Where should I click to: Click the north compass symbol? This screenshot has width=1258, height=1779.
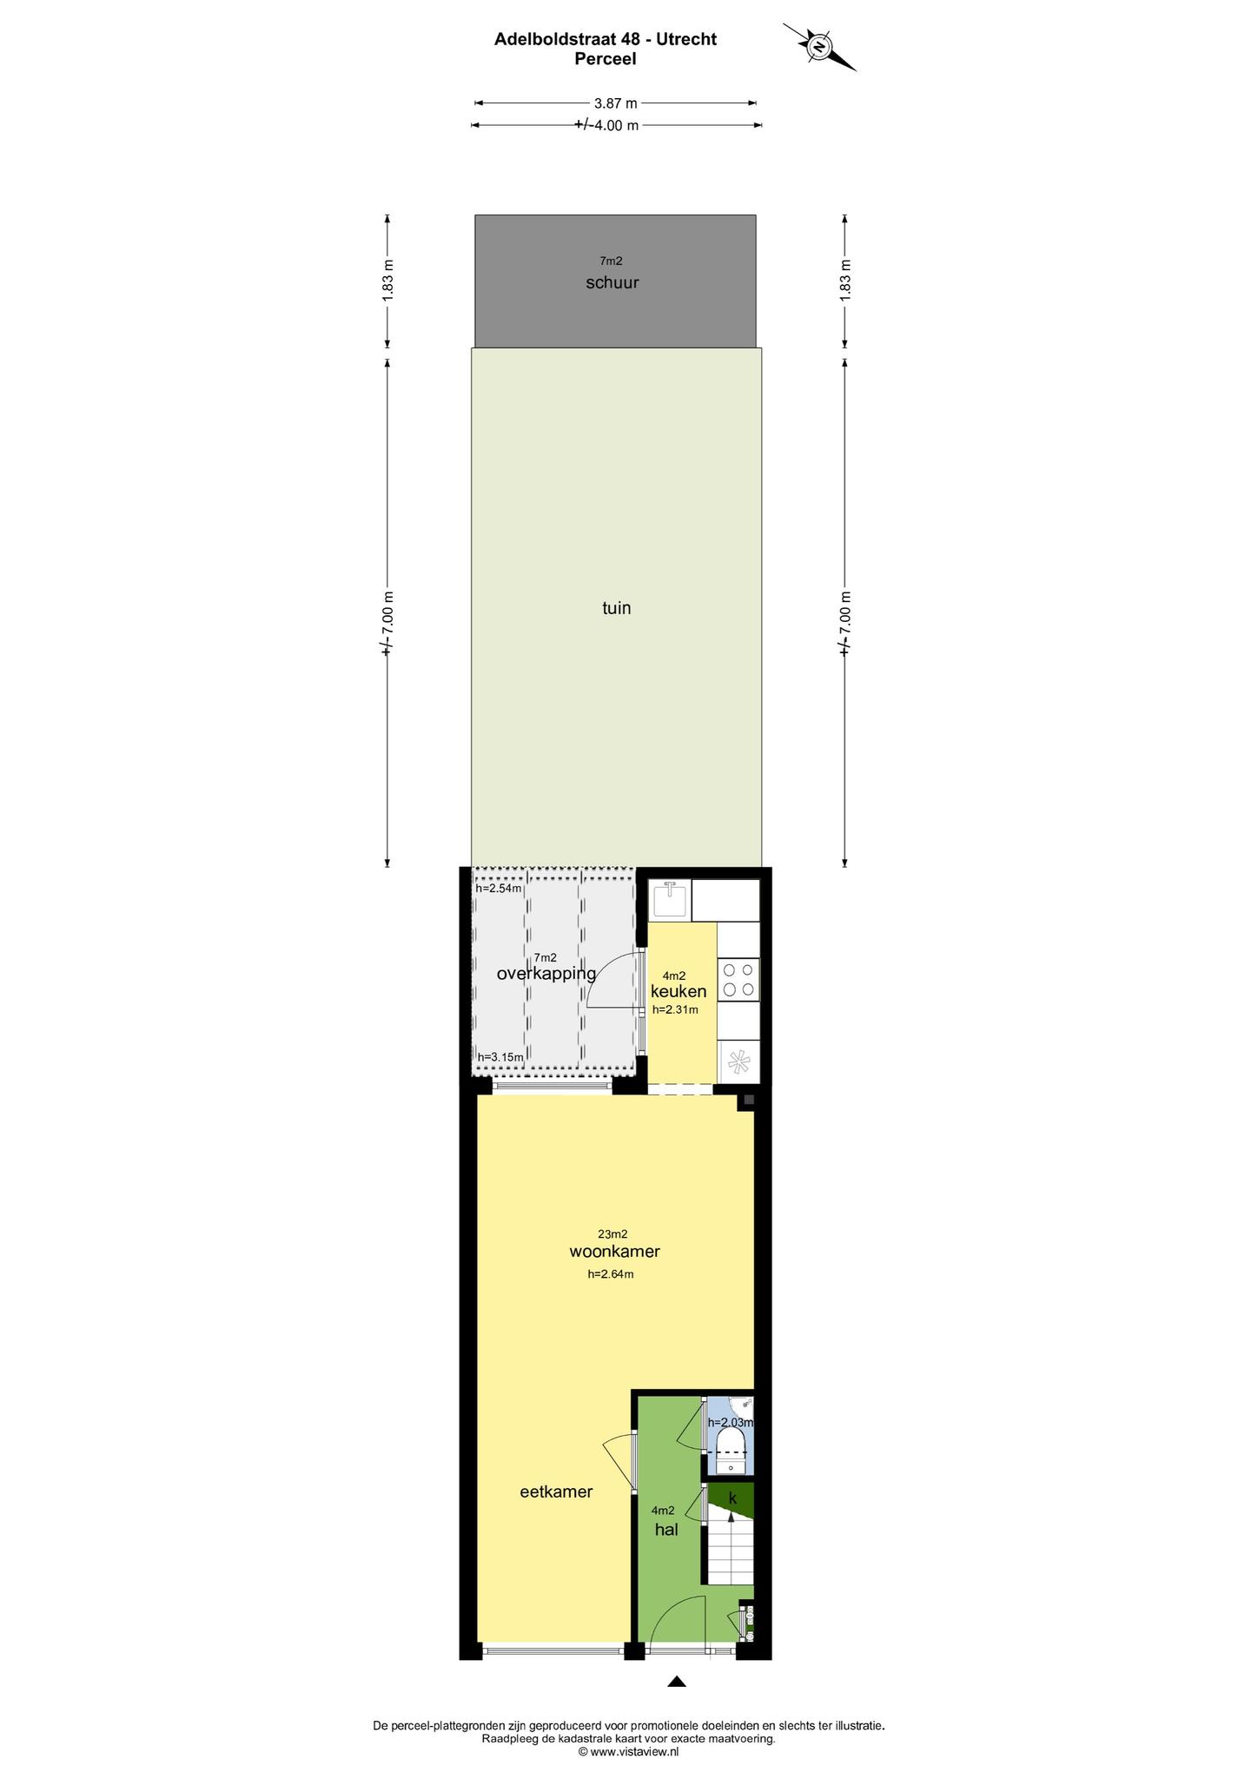819,47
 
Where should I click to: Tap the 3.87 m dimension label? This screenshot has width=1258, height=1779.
616,103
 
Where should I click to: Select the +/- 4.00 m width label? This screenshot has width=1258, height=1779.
606,125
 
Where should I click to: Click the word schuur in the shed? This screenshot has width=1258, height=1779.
612,282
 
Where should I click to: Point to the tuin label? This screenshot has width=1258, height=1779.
617,608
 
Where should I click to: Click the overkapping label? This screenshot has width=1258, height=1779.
546,974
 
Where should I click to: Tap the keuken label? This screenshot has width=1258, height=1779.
679,991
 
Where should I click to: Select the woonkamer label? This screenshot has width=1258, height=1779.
614,1252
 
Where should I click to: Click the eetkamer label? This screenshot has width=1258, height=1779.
556,1492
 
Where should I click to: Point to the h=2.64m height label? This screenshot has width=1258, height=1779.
611,1274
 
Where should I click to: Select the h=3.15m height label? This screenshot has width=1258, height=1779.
500,1056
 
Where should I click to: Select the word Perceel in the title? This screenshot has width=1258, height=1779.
606,59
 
